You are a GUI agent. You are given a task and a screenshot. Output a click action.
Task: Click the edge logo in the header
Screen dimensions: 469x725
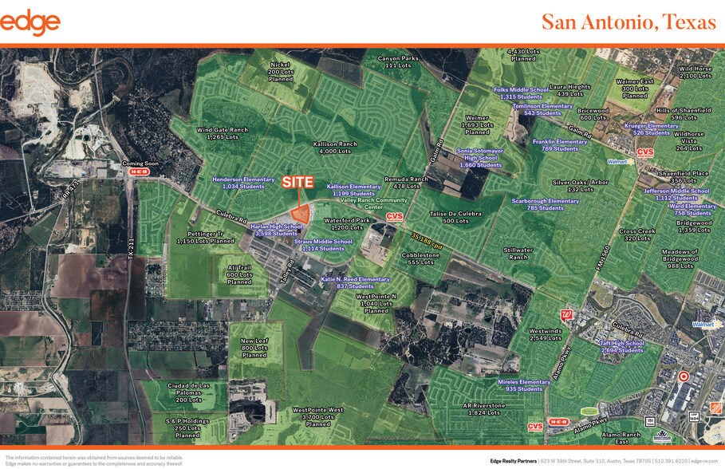30,22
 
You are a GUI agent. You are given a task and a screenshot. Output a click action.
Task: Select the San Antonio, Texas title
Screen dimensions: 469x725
628,22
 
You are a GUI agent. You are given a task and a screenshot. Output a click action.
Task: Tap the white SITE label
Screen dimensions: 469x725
297,182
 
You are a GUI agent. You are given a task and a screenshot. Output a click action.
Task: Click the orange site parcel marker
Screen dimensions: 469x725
301,213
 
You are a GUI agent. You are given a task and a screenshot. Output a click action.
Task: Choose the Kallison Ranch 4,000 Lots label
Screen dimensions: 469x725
335,148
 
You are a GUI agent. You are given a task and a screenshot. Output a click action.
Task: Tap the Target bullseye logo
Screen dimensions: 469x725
684,376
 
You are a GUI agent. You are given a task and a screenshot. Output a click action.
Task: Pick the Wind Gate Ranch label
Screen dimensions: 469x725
223,133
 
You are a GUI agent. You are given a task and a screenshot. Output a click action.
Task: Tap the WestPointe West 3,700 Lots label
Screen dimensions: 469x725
317,416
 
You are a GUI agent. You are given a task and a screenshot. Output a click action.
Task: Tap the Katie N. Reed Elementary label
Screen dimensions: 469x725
356,282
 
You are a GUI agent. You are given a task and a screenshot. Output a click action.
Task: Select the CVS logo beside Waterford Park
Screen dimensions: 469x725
395,216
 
